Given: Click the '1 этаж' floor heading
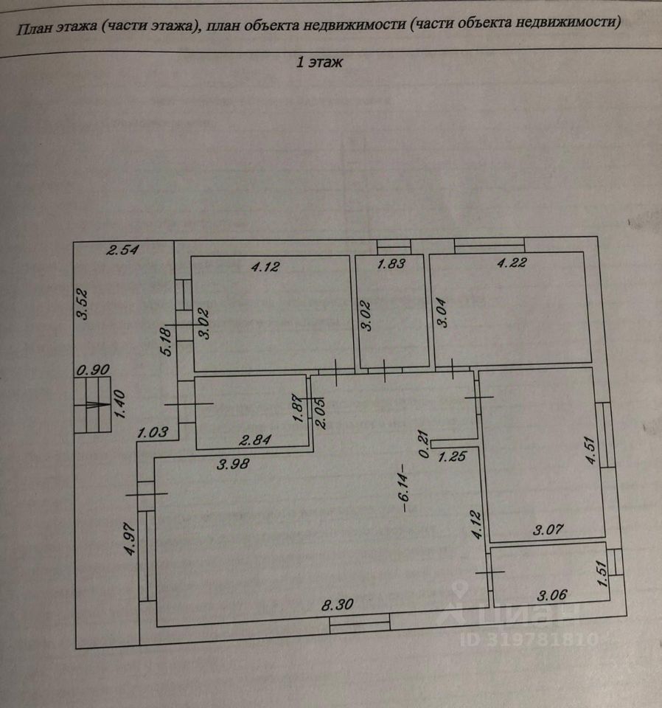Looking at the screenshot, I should coord(320,63).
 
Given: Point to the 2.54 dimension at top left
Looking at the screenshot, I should coord(123,250).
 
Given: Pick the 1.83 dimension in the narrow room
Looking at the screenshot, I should coord(391,264).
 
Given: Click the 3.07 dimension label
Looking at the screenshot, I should coord(547,528).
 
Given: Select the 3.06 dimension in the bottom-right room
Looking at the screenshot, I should coord(553,594).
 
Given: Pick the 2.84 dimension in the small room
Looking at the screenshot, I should coord(257,440).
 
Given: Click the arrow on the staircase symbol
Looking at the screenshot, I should coord(92,403).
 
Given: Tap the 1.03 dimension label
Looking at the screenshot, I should coord(153,434).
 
